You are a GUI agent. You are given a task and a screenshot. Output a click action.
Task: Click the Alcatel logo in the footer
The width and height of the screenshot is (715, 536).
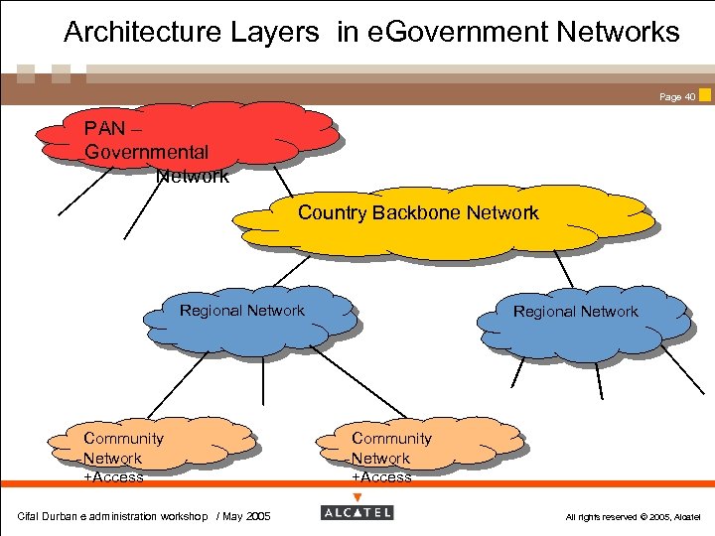[x=357, y=513]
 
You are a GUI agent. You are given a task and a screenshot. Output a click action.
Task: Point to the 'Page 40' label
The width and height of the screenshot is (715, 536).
[x=677, y=97]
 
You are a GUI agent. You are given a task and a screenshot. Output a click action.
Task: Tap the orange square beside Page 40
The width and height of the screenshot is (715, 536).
[x=705, y=95]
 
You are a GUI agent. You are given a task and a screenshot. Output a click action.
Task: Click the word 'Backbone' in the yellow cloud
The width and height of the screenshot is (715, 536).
[x=417, y=212]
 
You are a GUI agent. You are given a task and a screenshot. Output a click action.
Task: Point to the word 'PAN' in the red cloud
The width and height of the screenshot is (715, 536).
[x=104, y=129]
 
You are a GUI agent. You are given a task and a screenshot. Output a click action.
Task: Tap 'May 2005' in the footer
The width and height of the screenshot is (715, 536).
[x=246, y=516]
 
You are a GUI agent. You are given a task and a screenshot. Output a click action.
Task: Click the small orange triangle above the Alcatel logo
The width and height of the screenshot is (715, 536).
[x=357, y=497]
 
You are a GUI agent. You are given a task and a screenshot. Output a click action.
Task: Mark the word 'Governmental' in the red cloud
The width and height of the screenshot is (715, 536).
[x=146, y=153]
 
